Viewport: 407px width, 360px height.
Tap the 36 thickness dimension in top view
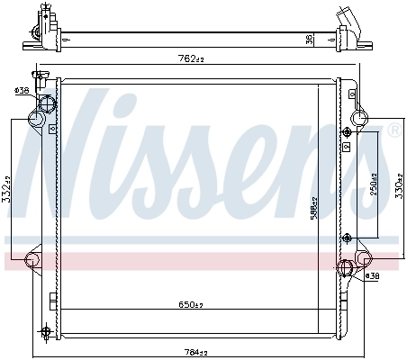(309, 38)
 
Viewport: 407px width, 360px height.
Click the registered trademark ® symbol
(393, 132)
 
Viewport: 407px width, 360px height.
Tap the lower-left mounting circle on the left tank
(32, 260)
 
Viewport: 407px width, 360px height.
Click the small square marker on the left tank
(52, 129)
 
